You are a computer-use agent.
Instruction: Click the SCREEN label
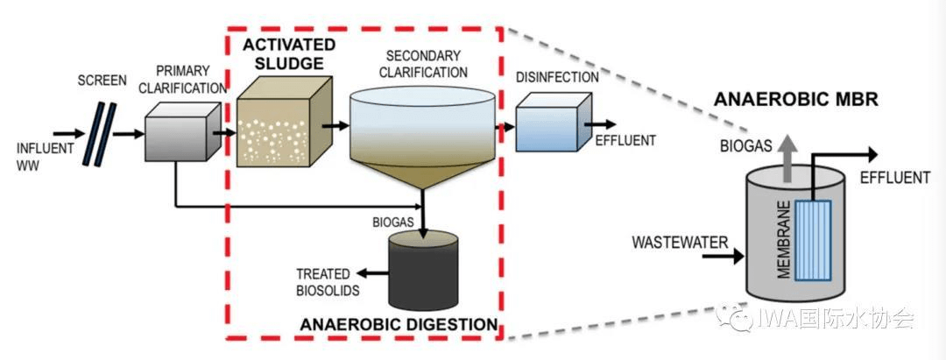pos(102,81)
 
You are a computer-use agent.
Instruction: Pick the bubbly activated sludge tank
pos(279,126)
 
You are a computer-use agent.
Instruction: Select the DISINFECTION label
pos(558,77)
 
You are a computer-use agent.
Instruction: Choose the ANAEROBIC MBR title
pos(796,99)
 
